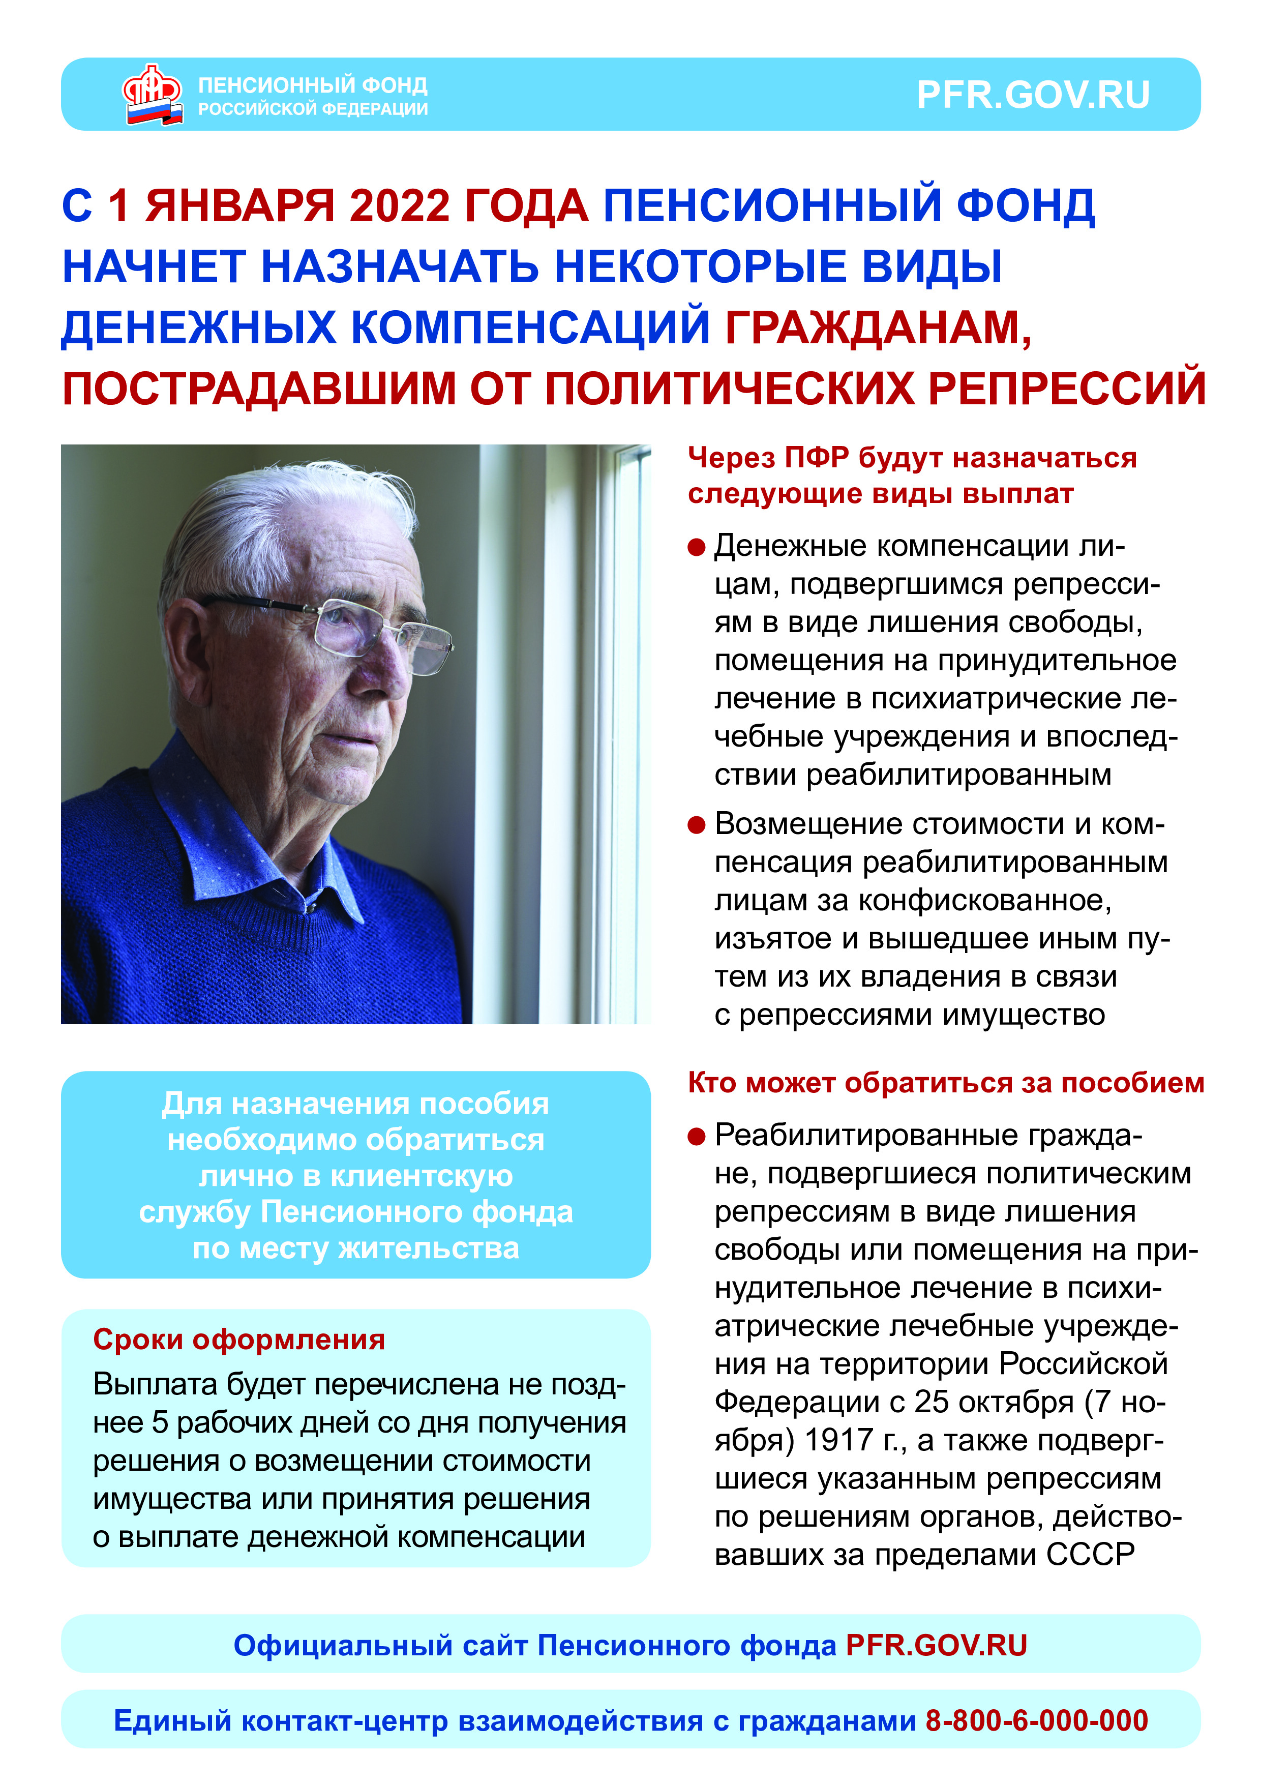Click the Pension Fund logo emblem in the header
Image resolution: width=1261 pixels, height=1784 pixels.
[152, 95]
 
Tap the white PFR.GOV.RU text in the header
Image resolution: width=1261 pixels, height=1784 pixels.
[1033, 95]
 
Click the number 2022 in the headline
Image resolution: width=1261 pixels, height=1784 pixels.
[399, 206]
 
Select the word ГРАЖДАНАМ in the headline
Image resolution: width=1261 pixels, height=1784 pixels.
[878, 327]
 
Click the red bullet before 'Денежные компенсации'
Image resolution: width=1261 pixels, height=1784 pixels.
[696, 548]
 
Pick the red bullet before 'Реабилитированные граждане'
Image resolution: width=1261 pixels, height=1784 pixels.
[696, 1137]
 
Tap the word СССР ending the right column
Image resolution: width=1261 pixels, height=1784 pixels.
[1090, 1554]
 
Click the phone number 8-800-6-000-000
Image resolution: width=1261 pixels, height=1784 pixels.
[1036, 1720]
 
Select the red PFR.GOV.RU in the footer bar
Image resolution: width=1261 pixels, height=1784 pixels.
[936, 1645]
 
